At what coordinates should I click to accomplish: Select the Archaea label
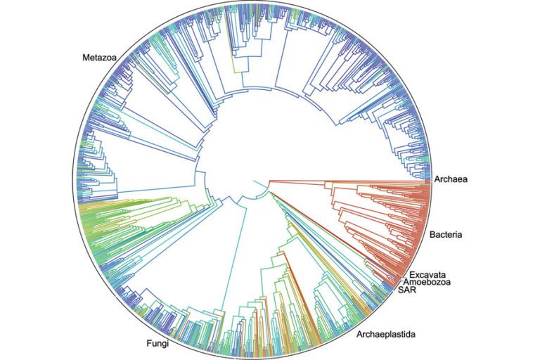click(x=451, y=180)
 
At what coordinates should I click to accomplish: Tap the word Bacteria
click(x=444, y=233)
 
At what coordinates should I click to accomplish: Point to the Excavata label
click(x=427, y=273)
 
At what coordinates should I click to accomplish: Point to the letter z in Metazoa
click(x=103, y=56)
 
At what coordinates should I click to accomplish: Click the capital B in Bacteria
click(x=430, y=233)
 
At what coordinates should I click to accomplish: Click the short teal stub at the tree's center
click(x=261, y=184)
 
